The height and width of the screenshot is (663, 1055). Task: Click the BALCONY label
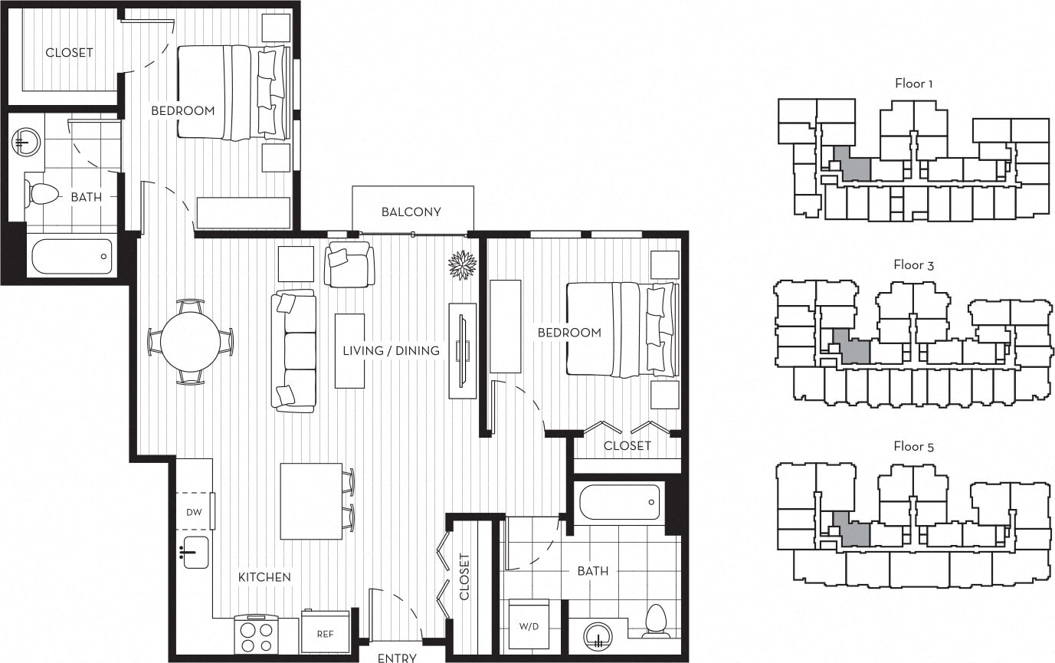(411, 212)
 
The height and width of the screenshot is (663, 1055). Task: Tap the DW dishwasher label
(194, 512)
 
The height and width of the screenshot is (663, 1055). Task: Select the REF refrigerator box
(326, 633)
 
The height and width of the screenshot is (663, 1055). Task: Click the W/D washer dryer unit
(529, 626)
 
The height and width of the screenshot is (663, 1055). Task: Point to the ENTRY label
(397, 658)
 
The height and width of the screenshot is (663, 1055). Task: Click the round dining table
(190, 341)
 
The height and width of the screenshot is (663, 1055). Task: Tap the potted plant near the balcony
(462, 265)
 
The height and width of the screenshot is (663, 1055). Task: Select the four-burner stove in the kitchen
(257, 633)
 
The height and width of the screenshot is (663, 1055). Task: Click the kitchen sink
(195, 552)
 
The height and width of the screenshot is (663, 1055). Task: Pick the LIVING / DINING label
(391, 351)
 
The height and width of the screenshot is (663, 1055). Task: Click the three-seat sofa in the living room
(293, 351)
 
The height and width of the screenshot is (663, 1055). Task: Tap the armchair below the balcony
(349, 264)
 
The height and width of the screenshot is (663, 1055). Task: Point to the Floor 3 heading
(913, 265)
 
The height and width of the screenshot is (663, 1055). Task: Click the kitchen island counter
(310, 501)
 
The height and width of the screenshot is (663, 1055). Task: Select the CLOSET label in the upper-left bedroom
(69, 53)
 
